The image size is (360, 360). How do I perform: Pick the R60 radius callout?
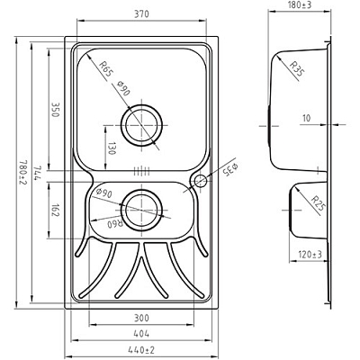[x=114, y=224]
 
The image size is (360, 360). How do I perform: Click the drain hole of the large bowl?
[x=144, y=124]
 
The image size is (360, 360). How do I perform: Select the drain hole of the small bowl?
[x=139, y=209]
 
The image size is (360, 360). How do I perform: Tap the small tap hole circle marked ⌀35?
[x=199, y=183]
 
